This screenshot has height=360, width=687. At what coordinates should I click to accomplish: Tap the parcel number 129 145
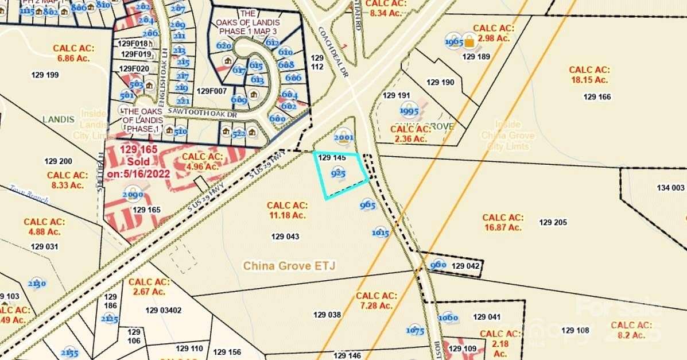coord(331,157)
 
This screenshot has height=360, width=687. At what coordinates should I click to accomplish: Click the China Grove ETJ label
coord(289,266)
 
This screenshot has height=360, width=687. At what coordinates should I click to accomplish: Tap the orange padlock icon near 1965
coord(469,41)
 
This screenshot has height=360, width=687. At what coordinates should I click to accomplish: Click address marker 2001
coord(343,138)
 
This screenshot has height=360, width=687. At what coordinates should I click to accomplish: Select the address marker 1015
coord(381,233)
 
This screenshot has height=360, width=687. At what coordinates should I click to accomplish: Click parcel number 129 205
coord(553,222)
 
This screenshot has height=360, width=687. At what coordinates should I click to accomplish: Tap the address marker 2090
coord(133,195)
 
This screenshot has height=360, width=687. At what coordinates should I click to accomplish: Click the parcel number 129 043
coord(285,236)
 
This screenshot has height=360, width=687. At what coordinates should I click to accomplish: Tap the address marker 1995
coord(409,111)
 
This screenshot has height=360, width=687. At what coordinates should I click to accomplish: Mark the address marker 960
coord(438,265)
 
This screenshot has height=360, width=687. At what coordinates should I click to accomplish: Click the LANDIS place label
coord(59,119)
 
